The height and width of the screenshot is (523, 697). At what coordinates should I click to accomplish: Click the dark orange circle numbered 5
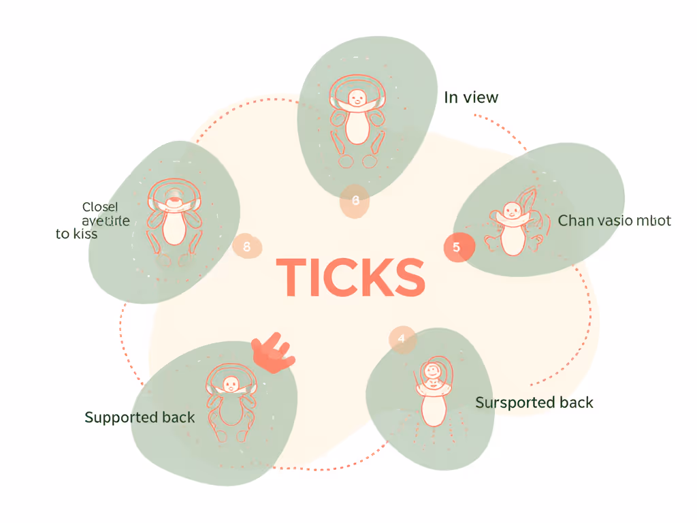pos(456,247)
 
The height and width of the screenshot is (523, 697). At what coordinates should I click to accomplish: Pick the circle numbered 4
pos(402,338)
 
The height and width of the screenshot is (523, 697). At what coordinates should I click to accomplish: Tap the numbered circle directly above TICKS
pos(355,201)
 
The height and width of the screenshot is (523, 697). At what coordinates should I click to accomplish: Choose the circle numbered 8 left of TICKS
pos(246,247)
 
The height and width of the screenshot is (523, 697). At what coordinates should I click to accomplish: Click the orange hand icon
pos(272,353)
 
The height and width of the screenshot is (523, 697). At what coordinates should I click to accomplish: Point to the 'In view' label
pos(471,98)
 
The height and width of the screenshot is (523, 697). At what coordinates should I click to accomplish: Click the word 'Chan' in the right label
pos(576,221)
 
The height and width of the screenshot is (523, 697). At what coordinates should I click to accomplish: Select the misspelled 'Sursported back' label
pos(534,402)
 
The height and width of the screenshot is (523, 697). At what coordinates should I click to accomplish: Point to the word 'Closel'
pos(99,207)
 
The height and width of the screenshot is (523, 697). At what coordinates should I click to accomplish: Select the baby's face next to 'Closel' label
pos(174,202)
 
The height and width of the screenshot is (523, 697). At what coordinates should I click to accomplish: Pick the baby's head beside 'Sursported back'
pos(432,372)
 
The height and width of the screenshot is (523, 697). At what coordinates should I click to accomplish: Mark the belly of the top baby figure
pos(357,128)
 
